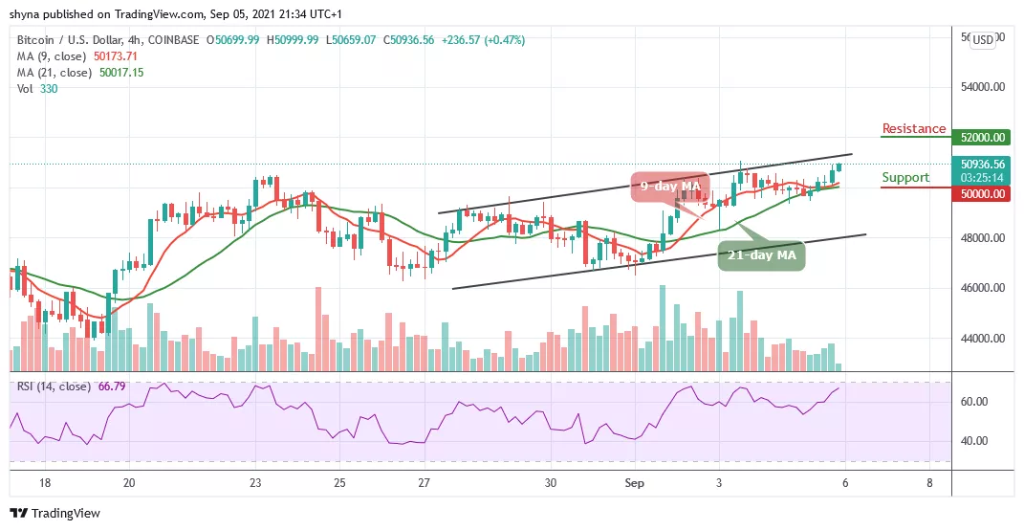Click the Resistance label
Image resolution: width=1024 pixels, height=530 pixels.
coord(913,129)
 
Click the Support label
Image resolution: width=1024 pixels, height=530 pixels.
coord(904,178)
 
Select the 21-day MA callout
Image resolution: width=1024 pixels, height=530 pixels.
coord(763,254)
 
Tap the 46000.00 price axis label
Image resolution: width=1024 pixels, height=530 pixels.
coord(984,288)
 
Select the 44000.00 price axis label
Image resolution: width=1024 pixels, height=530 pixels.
coord(984,339)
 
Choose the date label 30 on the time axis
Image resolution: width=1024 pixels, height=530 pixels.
coord(550,483)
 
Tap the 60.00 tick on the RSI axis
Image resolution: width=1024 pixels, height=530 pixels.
coord(976,402)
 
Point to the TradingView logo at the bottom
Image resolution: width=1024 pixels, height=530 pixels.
coord(54,513)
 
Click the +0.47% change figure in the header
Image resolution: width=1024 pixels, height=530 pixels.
coord(505,40)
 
